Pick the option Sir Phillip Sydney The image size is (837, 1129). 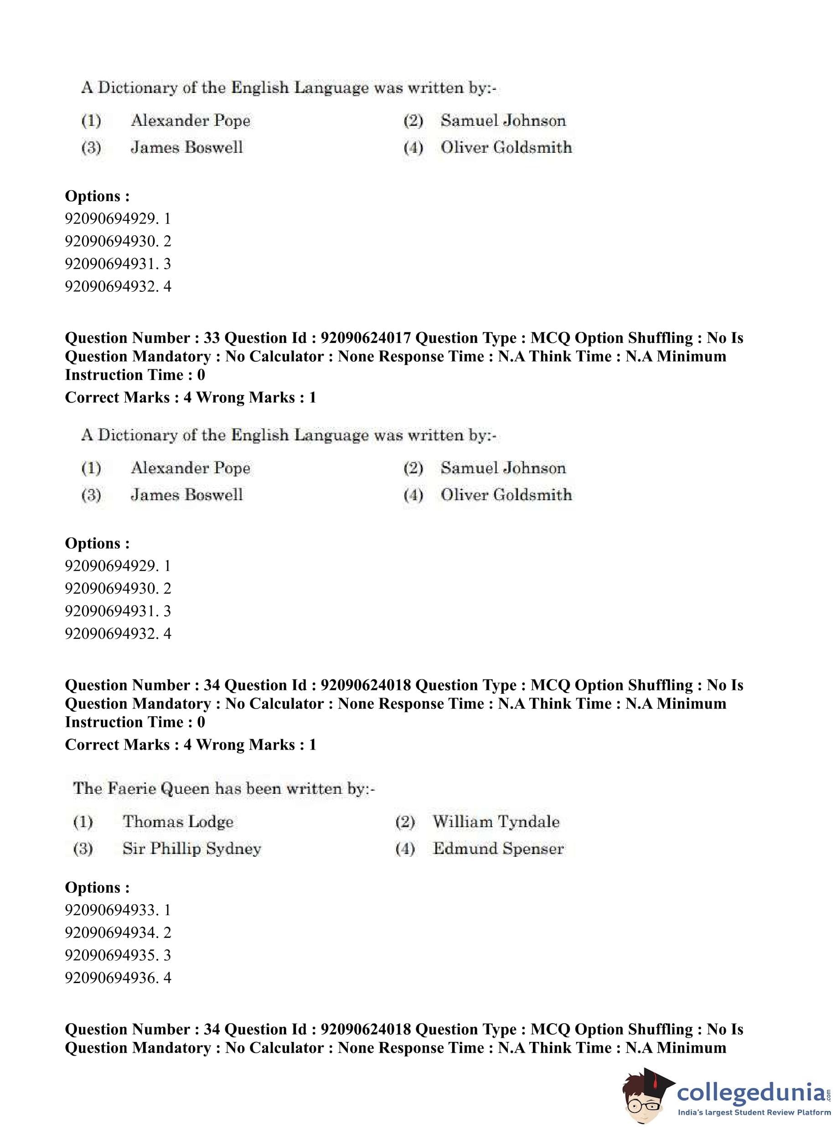tap(191, 849)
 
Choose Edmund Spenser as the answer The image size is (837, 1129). tap(498, 849)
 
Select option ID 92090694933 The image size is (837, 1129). tap(118, 910)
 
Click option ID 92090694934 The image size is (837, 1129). tap(118, 932)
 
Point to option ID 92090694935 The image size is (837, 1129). tap(118, 955)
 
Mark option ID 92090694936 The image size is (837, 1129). tap(118, 978)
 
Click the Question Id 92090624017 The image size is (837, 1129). tap(366, 338)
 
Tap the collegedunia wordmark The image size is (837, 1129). tap(750, 1092)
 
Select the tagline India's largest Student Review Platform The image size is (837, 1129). tap(754, 1112)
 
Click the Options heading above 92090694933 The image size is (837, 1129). tap(97, 887)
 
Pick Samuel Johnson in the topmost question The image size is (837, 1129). tap(503, 120)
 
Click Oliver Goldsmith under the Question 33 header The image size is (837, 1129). tap(506, 495)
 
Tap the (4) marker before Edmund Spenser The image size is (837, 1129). tap(405, 849)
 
